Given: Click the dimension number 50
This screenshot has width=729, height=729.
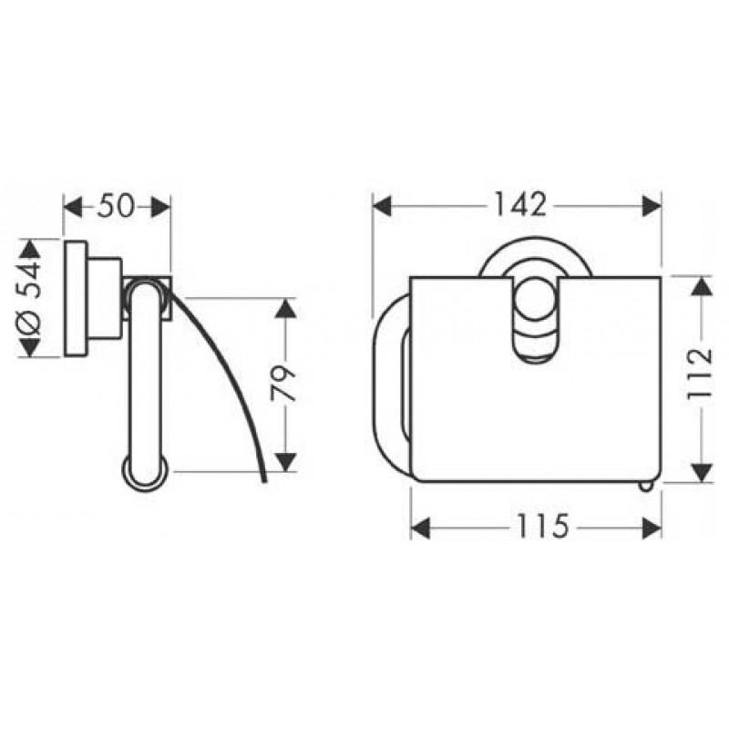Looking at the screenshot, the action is point(116,207).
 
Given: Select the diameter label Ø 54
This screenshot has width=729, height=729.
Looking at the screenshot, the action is point(29,298).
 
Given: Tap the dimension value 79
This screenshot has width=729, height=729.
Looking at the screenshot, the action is point(283,384).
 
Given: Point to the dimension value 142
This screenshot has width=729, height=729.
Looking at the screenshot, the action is point(519,205).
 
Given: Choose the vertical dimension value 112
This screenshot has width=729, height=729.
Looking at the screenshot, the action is point(700,374).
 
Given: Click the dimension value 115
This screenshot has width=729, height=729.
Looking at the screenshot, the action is point(542,526).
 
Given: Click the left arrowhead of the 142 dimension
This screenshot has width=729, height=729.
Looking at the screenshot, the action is point(382,206).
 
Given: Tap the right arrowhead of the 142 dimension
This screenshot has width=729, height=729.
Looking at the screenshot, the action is point(652,206).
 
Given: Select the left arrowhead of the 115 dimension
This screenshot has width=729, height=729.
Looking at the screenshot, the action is point(421,529).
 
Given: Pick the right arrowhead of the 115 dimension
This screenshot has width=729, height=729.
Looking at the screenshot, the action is point(652,529).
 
